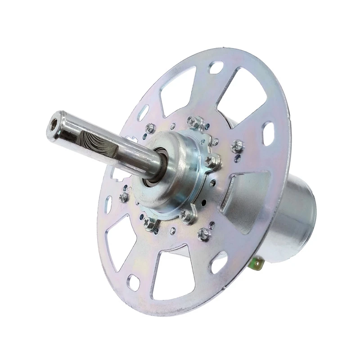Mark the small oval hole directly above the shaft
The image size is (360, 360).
[x=143, y=112]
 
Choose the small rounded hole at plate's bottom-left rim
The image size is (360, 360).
[x=133, y=282]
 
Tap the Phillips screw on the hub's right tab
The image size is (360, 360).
[x=210, y=161]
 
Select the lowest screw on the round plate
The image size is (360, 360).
[x=204, y=233]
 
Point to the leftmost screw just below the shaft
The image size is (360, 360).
[x=123, y=197]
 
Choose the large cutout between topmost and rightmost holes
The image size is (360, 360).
[x=245, y=97]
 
